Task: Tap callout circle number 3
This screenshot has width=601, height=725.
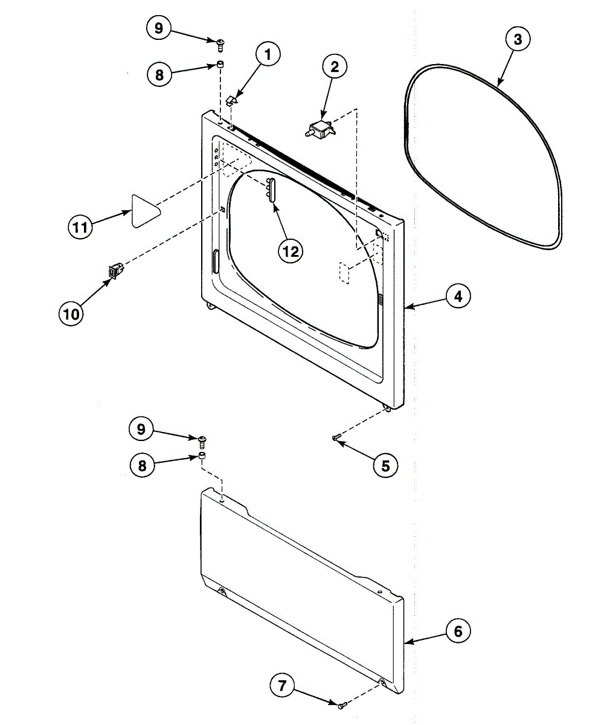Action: pos(518,40)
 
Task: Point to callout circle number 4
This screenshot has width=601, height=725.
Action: pos(458,297)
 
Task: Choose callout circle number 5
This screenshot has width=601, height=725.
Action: pos(385,465)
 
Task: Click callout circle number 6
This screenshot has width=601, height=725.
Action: pos(458,631)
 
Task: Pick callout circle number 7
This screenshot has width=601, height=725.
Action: pos(282,685)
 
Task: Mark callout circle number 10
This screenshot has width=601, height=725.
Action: pos(71,314)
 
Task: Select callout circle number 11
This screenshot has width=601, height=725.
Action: pos(79,227)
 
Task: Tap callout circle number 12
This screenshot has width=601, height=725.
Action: pos(291,251)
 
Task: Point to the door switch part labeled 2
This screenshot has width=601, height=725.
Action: pos(320,129)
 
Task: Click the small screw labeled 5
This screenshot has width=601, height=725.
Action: pos(337,437)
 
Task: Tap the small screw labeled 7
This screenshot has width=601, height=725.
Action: pos(342,704)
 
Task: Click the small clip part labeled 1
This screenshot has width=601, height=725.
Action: pos(233,100)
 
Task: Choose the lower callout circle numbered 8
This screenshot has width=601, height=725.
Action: pos(142,465)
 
